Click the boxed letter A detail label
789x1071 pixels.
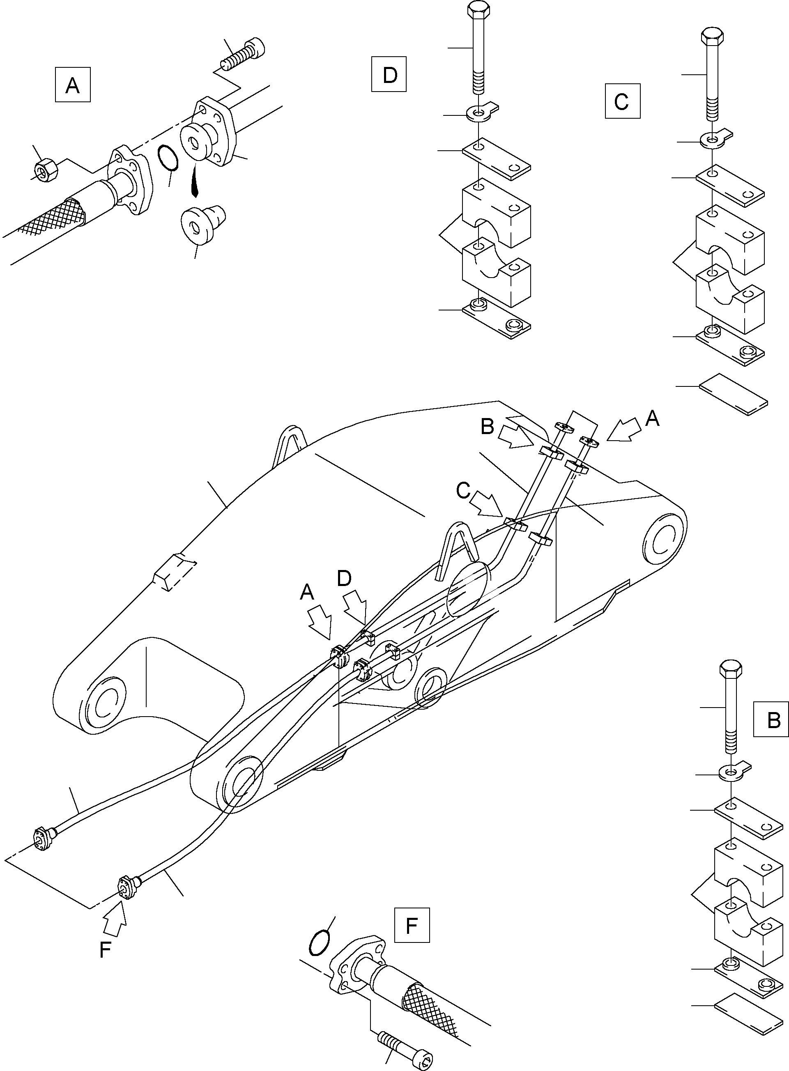[73, 85]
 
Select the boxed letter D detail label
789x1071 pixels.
[389, 74]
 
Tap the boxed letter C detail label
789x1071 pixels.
[622, 101]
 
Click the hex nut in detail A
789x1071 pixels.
[46, 170]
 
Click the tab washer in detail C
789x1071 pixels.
[714, 138]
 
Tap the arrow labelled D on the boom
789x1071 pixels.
[355, 605]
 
